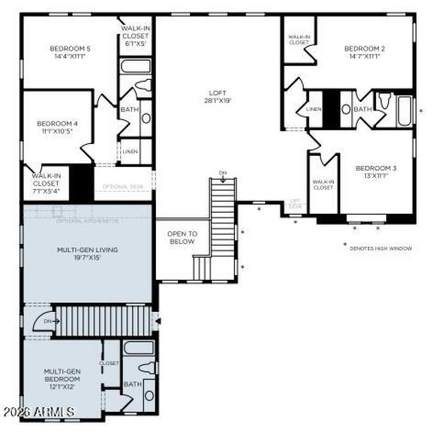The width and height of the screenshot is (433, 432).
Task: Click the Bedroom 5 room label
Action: pyautogui.click(x=68, y=52)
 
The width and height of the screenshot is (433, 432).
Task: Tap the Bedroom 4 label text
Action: pyautogui.click(x=53, y=127)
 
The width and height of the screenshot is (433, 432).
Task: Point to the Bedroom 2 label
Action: pyautogui.click(x=364, y=52)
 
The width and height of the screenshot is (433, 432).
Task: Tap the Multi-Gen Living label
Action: pyautogui.click(x=87, y=253)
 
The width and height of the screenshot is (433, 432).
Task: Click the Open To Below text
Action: pyautogui.click(x=181, y=238)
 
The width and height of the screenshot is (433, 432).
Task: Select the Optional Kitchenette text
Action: pyautogui.click(x=87, y=221)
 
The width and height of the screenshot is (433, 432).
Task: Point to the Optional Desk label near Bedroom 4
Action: pyautogui.click(x=123, y=187)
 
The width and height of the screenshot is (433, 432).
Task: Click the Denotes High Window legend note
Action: pyautogui.click(x=380, y=248)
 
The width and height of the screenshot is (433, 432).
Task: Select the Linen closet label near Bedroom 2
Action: pyautogui.click(x=313, y=109)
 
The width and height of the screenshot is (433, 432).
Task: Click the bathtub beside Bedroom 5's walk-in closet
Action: pyautogui.click(x=136, y=67)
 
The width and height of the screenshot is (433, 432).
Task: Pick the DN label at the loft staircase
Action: pyautogui.click(x=222, y=173)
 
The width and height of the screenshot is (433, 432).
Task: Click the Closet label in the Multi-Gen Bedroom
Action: pyautogui.click(x=109, y=363)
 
